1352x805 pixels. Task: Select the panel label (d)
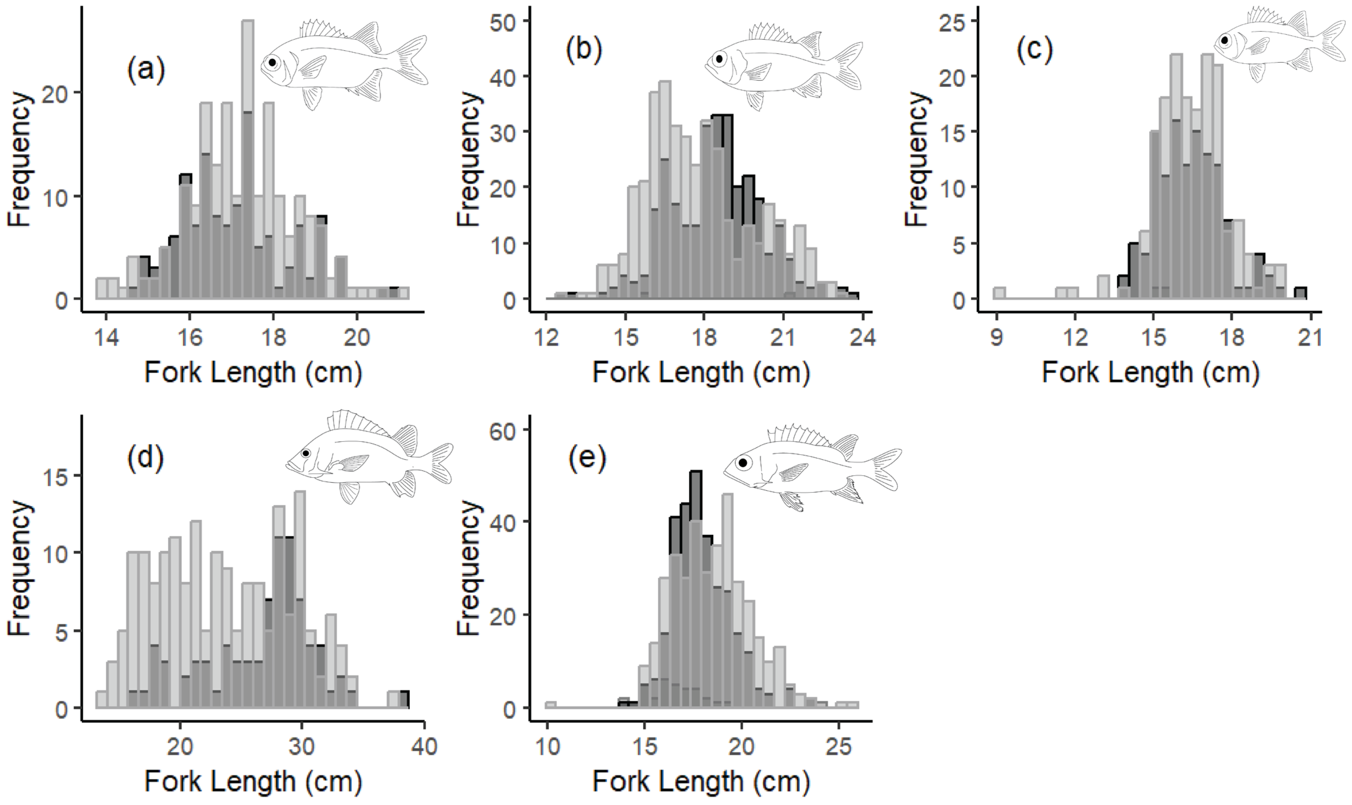click(x=145, y=458)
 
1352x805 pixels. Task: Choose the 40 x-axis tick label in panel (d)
click(x=424, y=746)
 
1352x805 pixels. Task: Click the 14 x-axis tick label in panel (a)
click(x=106, y=338)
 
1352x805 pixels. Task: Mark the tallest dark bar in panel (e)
click(x=696, y=542)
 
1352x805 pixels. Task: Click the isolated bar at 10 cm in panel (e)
click(x=550, y=705)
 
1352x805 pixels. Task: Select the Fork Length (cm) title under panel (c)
click(x=1150, y=373)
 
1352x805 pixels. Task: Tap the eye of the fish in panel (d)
click(x=306, y=453)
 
